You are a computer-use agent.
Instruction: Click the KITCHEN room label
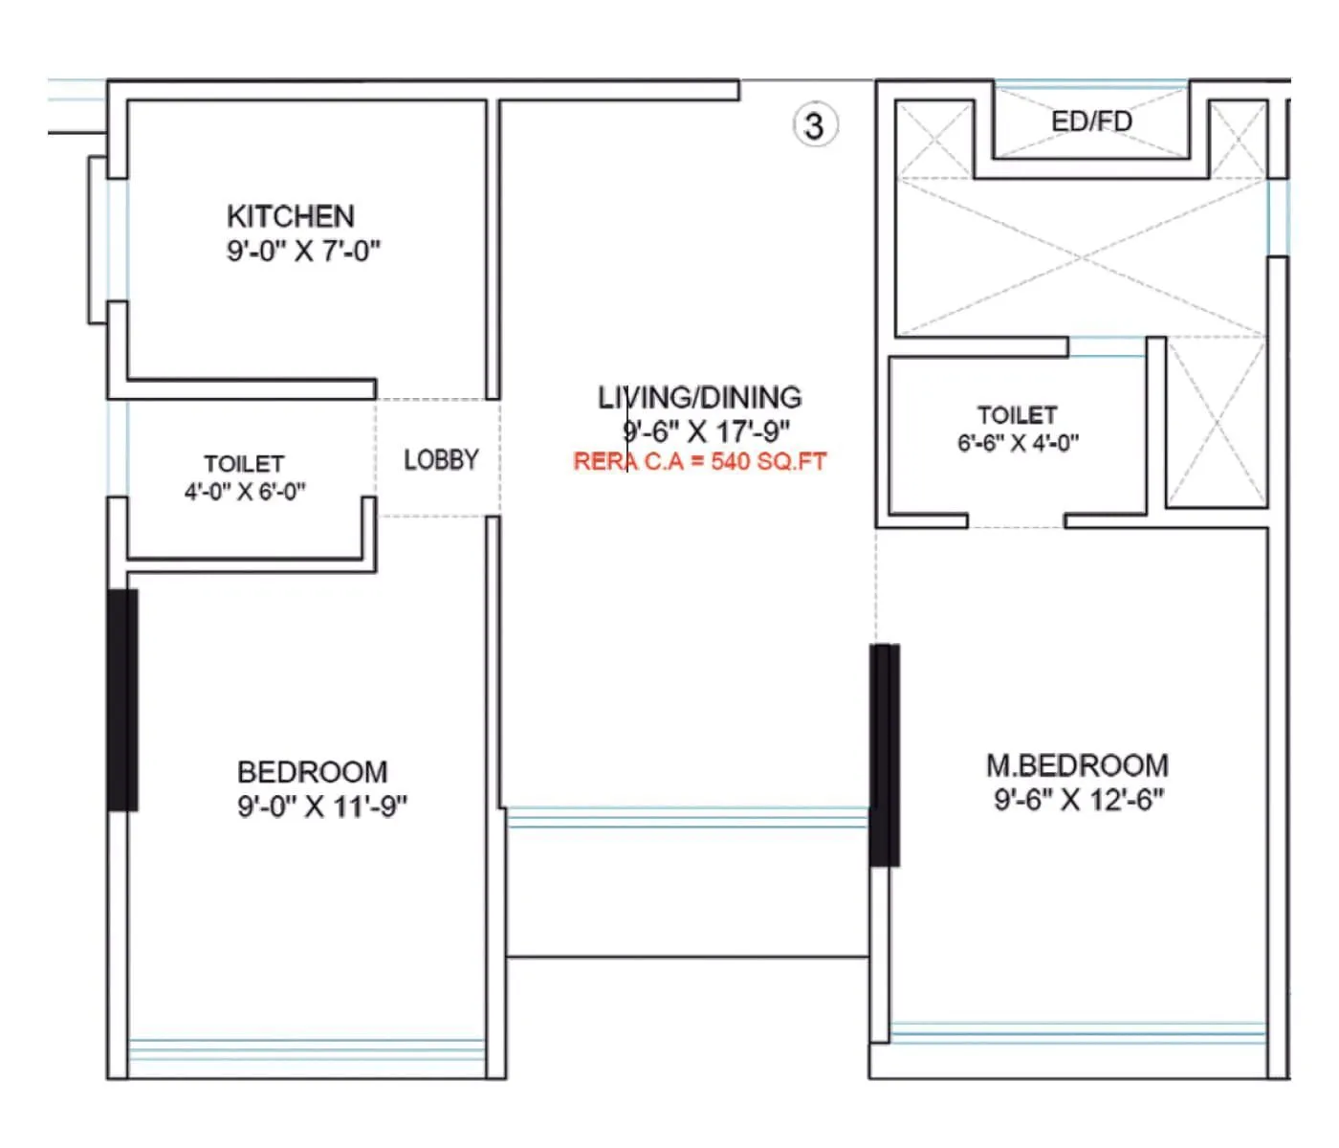point(290,216)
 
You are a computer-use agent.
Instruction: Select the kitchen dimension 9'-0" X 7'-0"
point(303,252)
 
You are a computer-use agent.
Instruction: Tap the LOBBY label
point(441,460)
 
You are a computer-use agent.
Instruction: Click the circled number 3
point(814,125)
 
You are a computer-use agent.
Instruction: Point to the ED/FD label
point(1091,121)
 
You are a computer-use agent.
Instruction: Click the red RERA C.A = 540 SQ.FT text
point(699,461)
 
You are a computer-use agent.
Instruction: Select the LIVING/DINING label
point(699,397)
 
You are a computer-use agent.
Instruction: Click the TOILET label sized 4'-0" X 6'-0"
point(244,464)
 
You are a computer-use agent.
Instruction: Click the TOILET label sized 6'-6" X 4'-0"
point(1017,415)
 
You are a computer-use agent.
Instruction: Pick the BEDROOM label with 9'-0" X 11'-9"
point(312,772)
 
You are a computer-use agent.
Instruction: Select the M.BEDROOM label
point(1077,765)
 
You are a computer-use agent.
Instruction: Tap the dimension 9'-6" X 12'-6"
point(1079,800)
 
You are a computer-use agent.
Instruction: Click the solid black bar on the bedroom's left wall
point(122,700)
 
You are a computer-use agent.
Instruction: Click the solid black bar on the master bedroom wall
point(885,755)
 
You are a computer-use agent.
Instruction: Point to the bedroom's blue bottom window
point(306,1049)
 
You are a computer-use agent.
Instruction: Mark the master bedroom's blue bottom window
point(1077,1032)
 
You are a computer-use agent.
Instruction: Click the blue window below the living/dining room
point(687,817)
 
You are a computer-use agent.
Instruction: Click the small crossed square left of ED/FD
point(933,139)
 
